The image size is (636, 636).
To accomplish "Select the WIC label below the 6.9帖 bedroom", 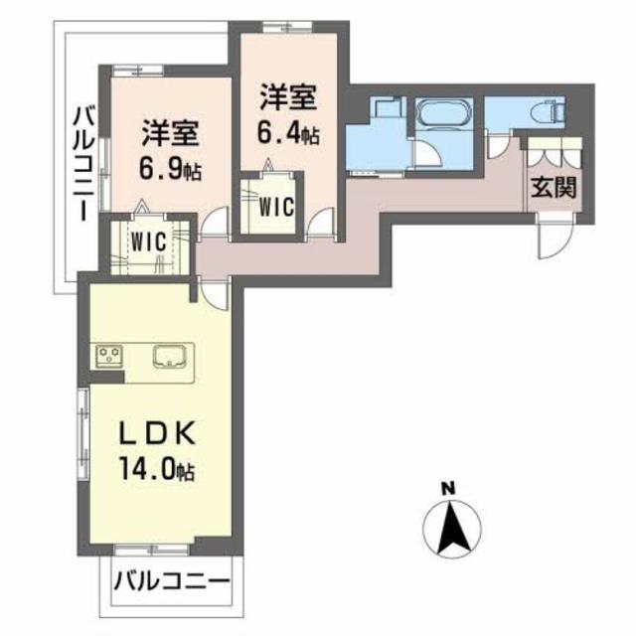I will [144, 239].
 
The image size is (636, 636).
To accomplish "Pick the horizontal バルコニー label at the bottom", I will [171, 580].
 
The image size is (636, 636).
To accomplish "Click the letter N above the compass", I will [448, 488].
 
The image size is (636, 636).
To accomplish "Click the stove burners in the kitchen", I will [107, 355].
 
